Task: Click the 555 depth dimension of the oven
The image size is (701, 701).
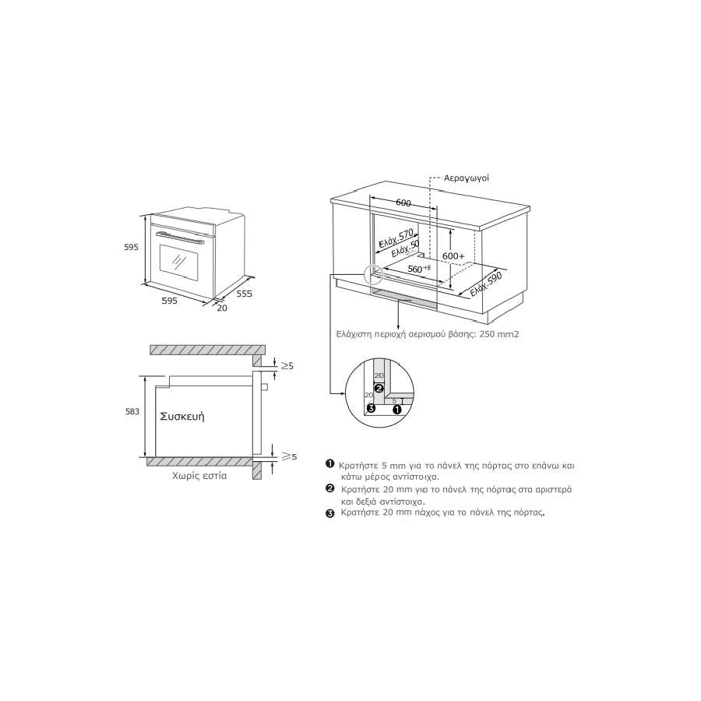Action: pos(244,294)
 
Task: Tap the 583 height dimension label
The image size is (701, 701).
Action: pos(132,411)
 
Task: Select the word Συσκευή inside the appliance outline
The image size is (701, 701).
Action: pos(182,417)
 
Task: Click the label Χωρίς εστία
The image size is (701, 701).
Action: pos(199,476)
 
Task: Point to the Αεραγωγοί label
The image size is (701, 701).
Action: pos(467,178)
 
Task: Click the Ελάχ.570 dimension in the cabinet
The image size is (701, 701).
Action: pos(396,239)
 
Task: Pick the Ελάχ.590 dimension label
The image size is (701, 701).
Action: pos(486,284)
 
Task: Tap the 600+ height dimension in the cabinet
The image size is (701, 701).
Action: pos(453,255)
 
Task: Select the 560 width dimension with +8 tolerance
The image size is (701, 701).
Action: pos(419,269)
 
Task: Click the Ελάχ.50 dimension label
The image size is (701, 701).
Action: pos(406,249)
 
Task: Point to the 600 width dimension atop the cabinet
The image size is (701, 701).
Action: pos(403,203)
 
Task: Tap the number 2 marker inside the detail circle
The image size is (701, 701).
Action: pos(379,388)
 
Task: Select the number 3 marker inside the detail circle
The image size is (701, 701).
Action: pos(370,407)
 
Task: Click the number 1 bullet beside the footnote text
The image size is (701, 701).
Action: pos(330,463)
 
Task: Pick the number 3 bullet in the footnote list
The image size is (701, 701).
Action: pos(330,513)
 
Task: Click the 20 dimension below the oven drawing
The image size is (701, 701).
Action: pos(222,308)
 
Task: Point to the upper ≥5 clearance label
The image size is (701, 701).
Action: pos(287,366)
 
